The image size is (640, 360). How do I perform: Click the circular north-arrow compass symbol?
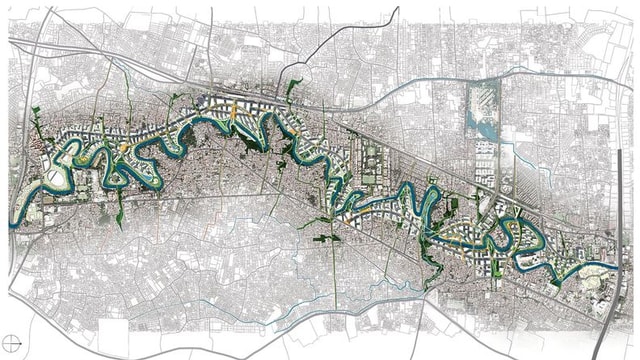[13, 340]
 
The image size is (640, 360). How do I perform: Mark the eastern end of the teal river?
[611, 264]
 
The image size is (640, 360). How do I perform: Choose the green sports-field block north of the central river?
[371, 160]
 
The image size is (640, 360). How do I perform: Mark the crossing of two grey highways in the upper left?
[50, 45]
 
